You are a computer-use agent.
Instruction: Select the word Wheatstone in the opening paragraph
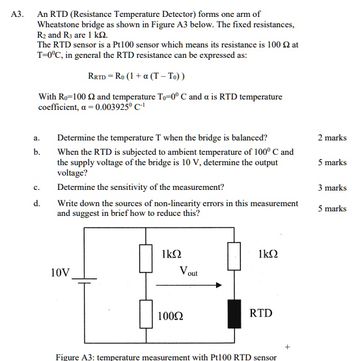point(59,24)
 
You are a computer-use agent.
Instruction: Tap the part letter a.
point(36,138)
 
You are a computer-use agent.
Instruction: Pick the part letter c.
point(36,188)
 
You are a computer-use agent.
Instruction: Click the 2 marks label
point(332,138)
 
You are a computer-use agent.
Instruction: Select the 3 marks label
point(332,188)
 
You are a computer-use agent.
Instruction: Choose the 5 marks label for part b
point(332,163)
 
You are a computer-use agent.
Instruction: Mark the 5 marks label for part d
point(332,209)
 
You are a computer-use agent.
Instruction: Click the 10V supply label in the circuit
point(60,273)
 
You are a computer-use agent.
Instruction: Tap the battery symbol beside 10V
point(82,281)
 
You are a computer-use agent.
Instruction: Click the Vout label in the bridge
point(187,271)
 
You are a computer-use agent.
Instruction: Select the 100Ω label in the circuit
point(170,316)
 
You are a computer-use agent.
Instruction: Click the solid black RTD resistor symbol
point(230,314)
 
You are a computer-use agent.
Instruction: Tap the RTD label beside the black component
point(261,314)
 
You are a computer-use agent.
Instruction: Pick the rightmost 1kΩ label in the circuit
point(267,254)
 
